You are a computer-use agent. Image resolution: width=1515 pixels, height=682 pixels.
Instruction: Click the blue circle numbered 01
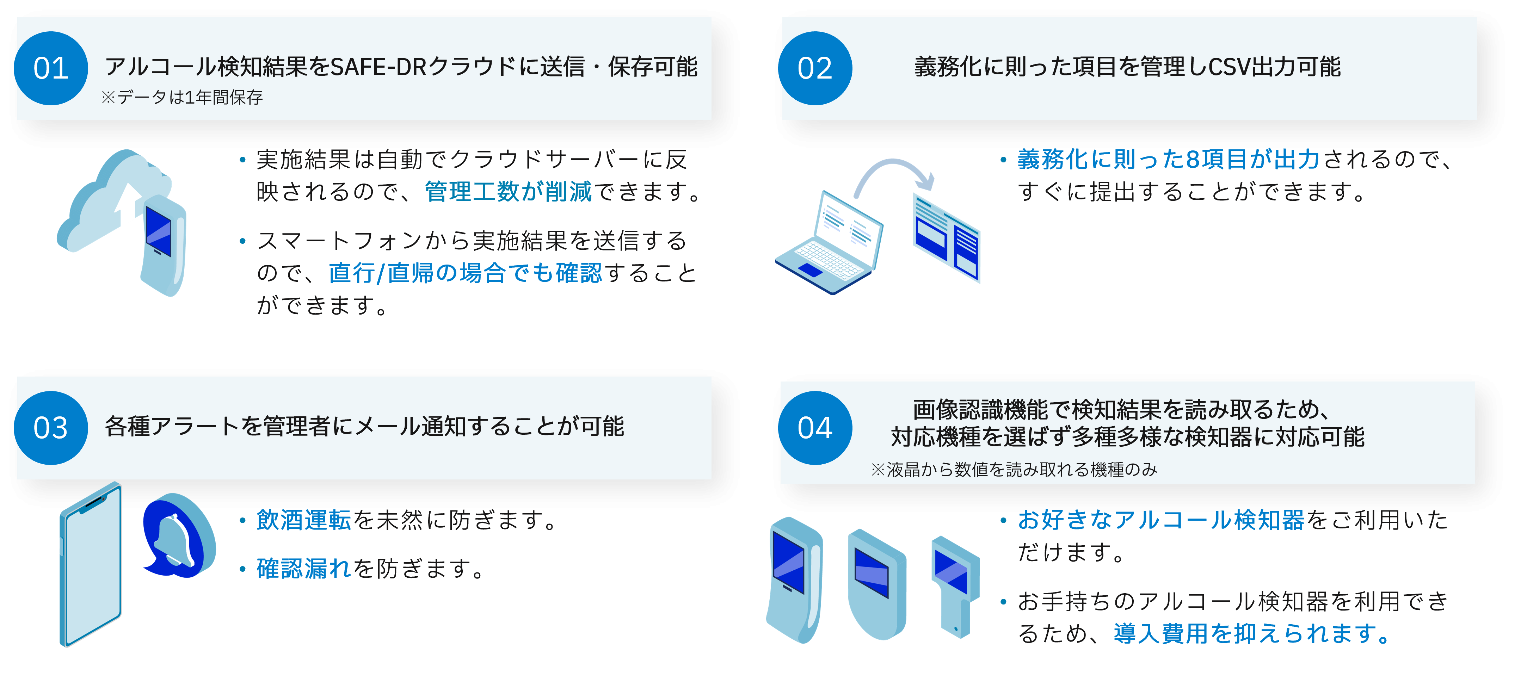tap(51, 68)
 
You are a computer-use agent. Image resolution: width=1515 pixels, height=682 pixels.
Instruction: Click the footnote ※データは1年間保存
tap(182, 97)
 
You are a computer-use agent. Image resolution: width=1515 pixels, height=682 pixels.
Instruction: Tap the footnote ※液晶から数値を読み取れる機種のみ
tap(1014, 469)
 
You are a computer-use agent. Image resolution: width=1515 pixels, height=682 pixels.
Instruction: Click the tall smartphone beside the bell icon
tap(91, 564)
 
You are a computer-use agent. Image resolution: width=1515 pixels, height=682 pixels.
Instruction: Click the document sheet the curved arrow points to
tap(946, 237)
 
